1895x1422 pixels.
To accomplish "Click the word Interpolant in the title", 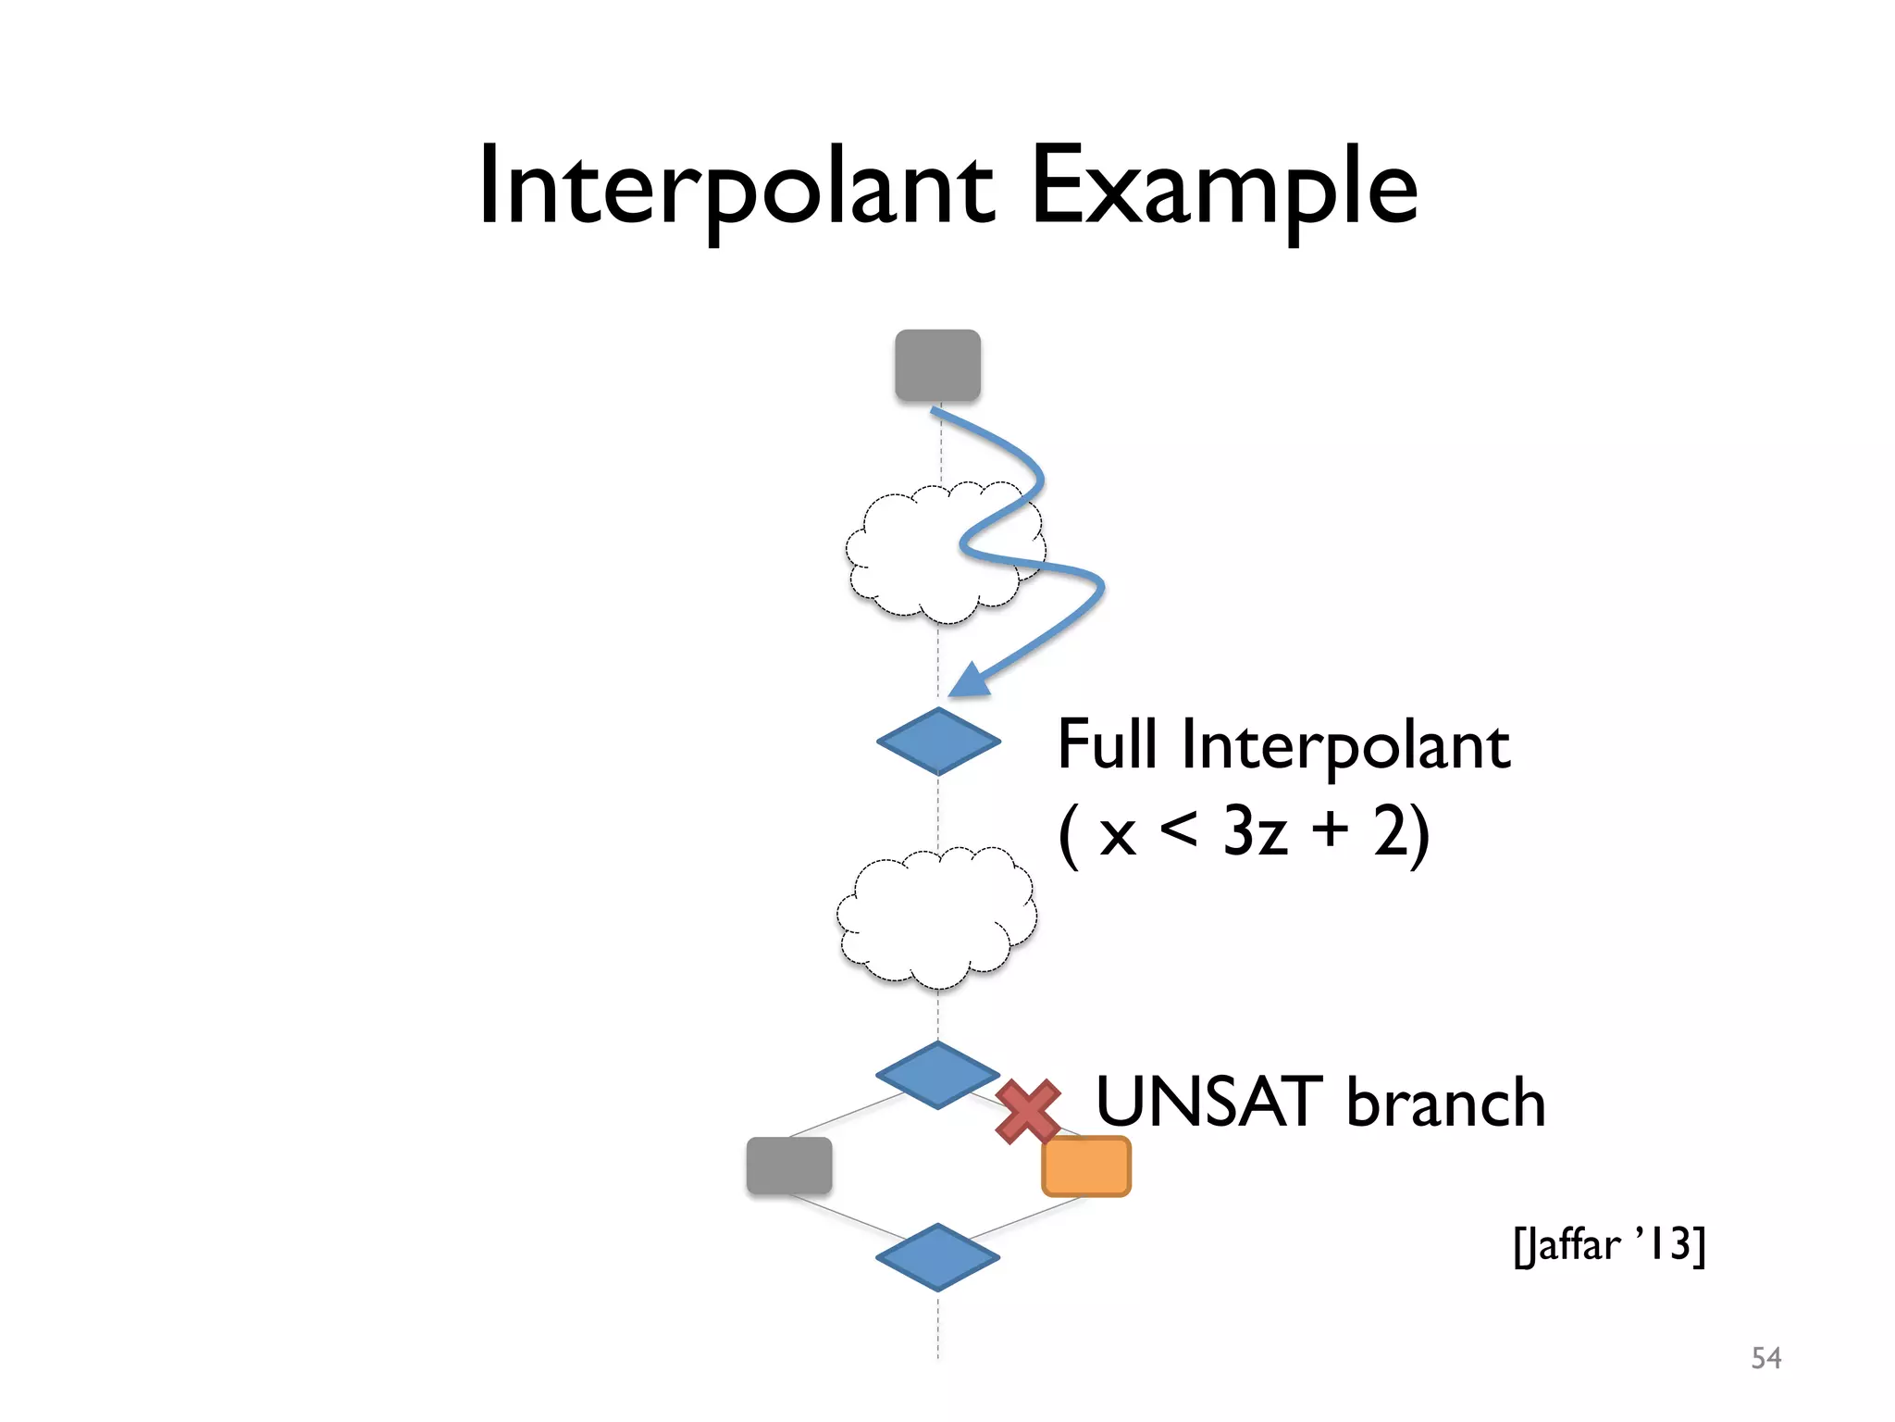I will point(736,190).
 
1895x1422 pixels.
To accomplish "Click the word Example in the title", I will point(1223,190).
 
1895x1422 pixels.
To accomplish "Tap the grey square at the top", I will point(937,366).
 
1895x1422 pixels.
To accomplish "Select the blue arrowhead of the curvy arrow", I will point(968,680).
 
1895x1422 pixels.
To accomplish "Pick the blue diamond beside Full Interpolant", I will point(938,741).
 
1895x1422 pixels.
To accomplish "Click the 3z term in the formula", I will point(1255,830).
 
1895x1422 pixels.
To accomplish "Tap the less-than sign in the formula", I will point(1178,829).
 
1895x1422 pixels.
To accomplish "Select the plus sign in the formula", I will point(1330,829).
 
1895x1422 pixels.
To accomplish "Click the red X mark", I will point(1028,1111).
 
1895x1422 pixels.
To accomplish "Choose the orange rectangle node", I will point(1086,1166).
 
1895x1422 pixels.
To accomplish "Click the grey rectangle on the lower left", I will point(789,1166).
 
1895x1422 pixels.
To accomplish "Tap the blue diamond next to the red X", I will point(937,1075).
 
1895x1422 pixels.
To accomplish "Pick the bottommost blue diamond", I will point(937,1257).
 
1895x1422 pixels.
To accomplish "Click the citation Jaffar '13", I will point(1609,1245).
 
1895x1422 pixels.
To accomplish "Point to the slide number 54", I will point(1765,1358).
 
